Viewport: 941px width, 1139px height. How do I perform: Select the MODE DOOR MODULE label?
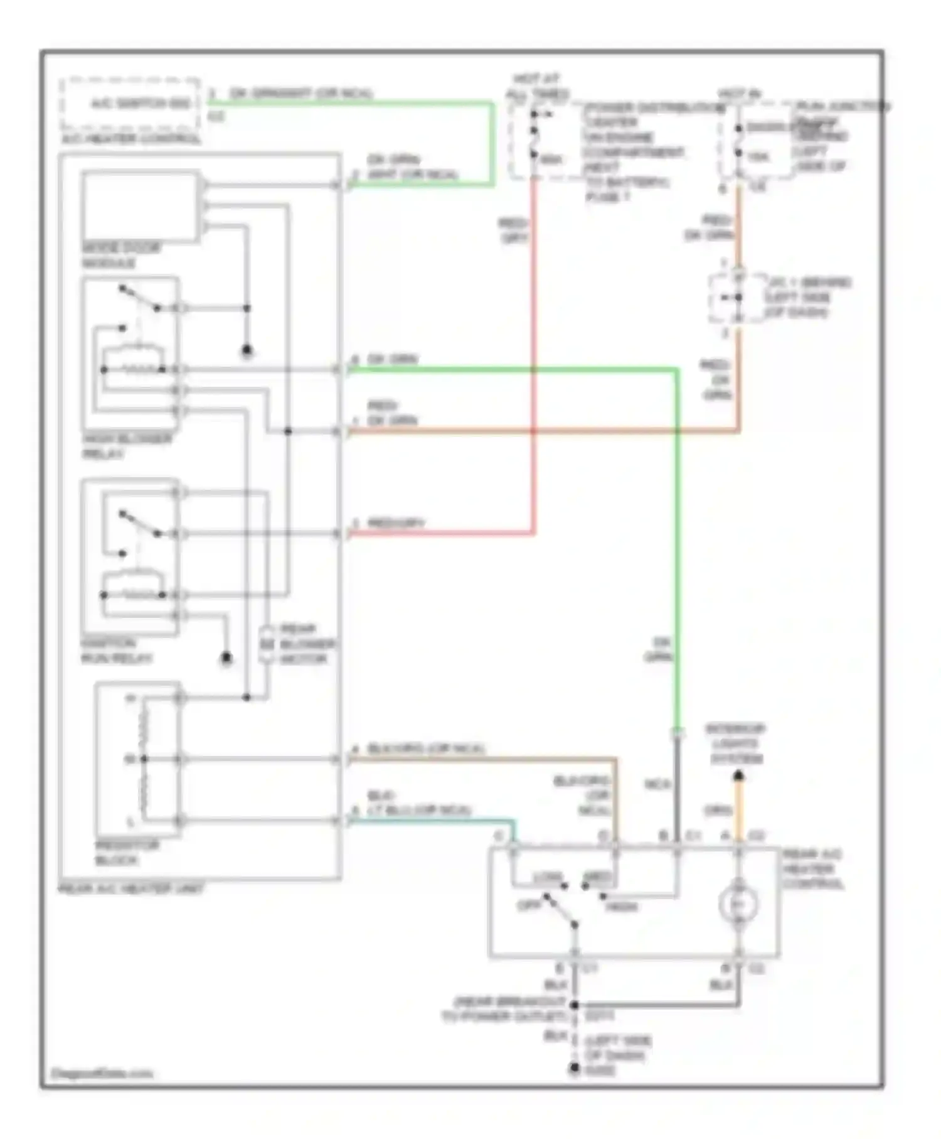click(120, 255)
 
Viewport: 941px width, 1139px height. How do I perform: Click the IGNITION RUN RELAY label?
click(116, 651)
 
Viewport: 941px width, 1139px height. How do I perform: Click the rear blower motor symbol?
click(267, 644)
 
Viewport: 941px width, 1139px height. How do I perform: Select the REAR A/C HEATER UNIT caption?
click(130, 888)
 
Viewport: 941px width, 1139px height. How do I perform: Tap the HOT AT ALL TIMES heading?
click(536, 87)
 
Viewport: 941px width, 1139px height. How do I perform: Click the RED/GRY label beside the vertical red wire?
click(513, 230)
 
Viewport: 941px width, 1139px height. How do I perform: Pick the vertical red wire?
click(534, 352)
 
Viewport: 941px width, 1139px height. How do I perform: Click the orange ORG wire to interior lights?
click(738, 810)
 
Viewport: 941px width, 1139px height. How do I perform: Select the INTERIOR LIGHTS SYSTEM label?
click(736, 744)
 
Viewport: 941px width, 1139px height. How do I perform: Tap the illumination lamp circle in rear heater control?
click(738, 904)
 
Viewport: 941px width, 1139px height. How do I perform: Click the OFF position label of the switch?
click(528, 905)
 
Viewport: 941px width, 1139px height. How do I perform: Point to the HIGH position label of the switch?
click(622, 907)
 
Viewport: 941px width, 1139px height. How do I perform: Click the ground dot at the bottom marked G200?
click(574, 1069)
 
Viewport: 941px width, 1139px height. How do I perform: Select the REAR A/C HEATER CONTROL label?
click(812, 869)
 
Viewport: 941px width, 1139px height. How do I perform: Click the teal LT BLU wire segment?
click(433, 820)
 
